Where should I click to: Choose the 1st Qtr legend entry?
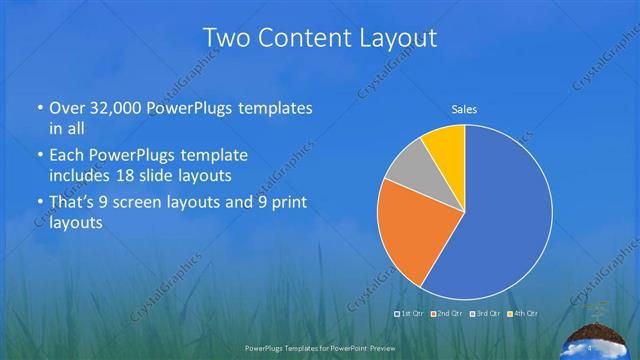click(410, 314)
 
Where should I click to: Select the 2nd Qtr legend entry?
click(447, 314)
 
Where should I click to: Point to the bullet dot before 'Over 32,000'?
click(39, 108)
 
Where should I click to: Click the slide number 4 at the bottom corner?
click(590, 347)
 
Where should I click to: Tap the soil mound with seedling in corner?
click(600, 335)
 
